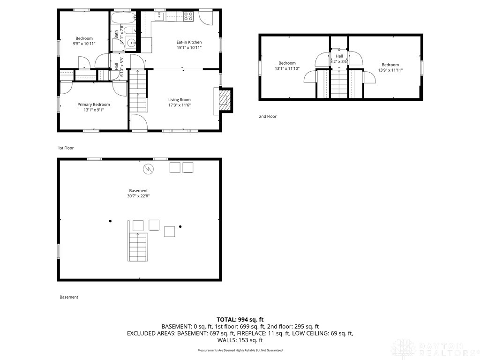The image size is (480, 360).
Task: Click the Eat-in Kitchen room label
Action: [x=189, y=42]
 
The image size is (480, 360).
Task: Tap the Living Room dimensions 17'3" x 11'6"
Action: [x=180, y=105]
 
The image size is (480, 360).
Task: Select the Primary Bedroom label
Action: [x=93, y=105]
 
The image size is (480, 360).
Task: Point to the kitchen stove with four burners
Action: [x=188, y=16]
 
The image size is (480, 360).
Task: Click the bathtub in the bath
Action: [x=123, y=17]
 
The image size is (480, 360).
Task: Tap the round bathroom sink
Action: [x=132, y=43]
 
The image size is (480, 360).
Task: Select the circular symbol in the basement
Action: [x=149, y=169]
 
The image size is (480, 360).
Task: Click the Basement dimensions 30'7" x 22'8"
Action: [x=138, y=196]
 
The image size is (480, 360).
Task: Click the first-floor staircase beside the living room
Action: [x=138, y=91]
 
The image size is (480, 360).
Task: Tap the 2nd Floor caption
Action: [x=268, y=116]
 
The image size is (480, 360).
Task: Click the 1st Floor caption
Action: [x=66, y=148]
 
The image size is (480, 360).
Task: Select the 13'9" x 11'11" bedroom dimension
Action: [x=390, y=70]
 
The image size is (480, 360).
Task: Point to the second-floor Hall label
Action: [x=339, y=56]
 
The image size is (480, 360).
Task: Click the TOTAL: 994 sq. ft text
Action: [x=240, y=320]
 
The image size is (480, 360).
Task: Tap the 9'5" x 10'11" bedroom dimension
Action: [x=84, y=44]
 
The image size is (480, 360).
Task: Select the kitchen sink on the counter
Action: [x=159, y=16]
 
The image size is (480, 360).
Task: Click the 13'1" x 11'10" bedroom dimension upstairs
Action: [x=287, y=68]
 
